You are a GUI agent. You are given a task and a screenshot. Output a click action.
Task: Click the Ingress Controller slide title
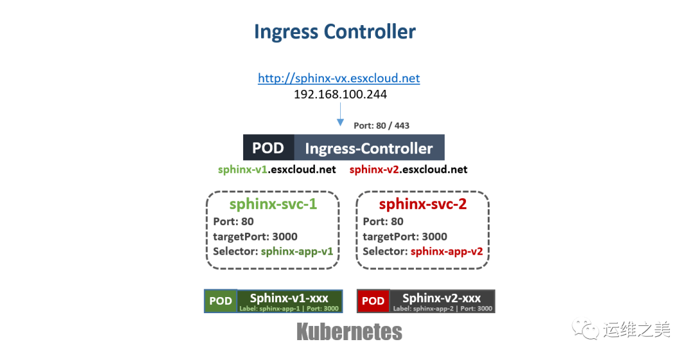click(x=334, y=32)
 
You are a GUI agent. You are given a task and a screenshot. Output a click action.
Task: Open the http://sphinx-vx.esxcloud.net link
click(x=339, y=78)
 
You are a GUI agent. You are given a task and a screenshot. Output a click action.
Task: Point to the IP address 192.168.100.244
click(x=340, y=94)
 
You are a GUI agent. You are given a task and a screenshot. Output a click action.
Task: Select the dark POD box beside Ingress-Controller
click(x=268, y=148)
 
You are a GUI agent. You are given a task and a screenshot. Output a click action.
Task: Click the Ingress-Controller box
click(x=369, y=148)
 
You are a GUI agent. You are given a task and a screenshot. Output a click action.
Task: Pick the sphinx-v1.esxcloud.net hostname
click(x=277, y=170)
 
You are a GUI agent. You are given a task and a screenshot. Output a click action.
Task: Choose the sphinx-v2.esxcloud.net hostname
click(x=408, y=170)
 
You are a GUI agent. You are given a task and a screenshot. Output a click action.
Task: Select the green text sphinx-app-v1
click(x=297, y=252)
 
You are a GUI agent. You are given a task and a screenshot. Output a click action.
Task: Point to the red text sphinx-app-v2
click(x=447, y=252)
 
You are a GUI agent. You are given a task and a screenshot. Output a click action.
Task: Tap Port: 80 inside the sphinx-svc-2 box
click(x=383, y=221)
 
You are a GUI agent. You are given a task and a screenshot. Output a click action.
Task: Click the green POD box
click(x=221, y=301)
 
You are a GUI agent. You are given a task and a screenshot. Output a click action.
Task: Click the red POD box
click(x=373, y=301)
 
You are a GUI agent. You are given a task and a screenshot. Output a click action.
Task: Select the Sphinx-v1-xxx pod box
click(x=289, y=301)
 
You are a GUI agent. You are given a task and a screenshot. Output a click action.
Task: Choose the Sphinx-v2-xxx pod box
click(x=441, y=301)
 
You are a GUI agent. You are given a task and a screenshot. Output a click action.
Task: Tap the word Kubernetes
click(x=349, y=332)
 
